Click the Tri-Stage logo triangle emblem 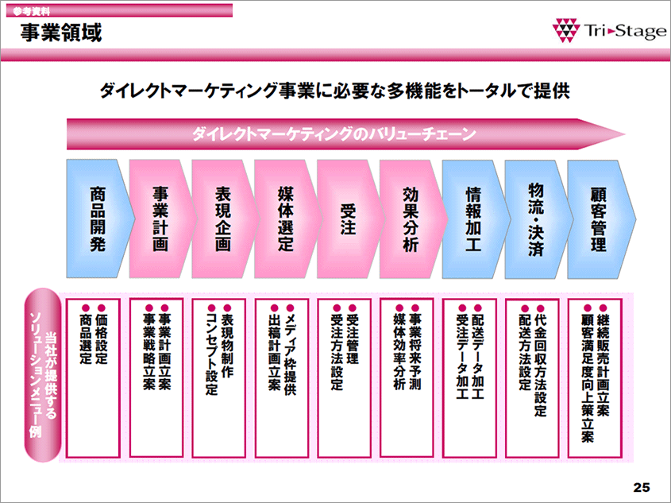point(565,30)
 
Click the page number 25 point(642,487)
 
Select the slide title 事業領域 point(61,33)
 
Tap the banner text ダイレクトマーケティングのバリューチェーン point(334,134)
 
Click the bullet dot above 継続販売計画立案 point(603,308)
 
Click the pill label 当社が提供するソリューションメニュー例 point(43,375)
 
